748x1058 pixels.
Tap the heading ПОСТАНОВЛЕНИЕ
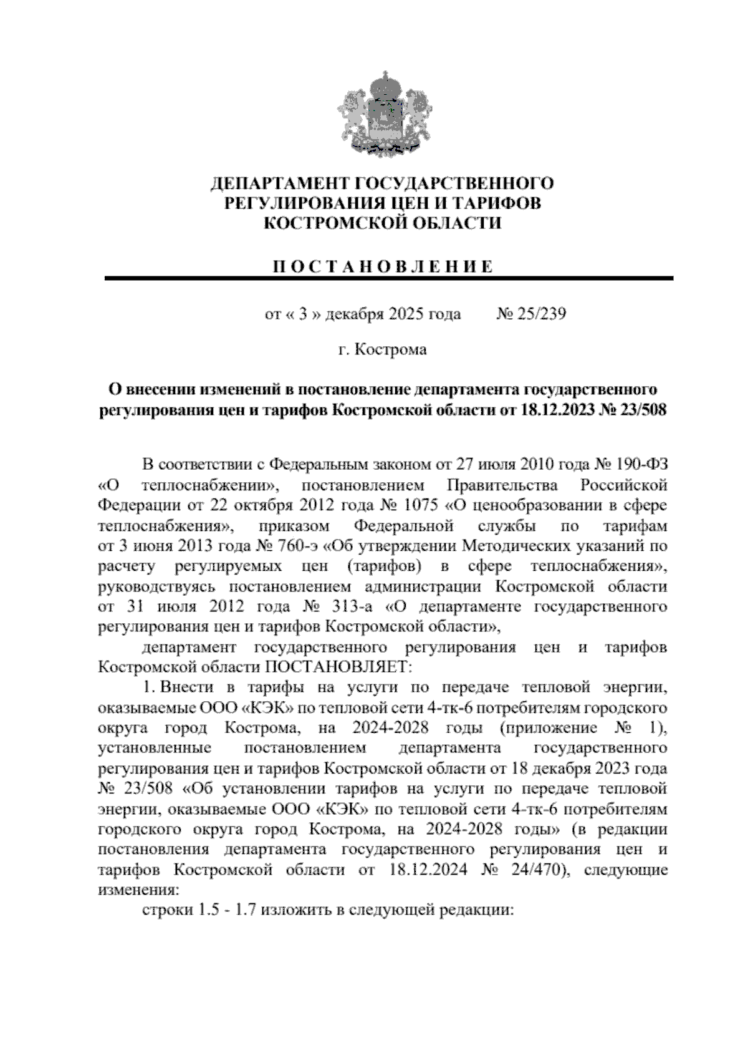coord(383,267)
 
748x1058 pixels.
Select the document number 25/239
coord(540,314)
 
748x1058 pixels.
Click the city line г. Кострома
coord(382,349)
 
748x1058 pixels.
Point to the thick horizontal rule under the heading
coord(388,278)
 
